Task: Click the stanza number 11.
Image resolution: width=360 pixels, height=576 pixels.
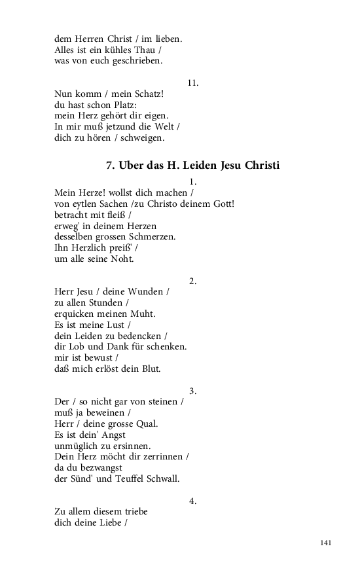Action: click(x=192, y=83)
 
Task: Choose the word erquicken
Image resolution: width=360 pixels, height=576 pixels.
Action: click(x=76, y=314)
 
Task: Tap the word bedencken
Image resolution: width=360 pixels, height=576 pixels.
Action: click(x=141, y=336)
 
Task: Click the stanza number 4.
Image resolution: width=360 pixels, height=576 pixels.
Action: click(x=192, y=501)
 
